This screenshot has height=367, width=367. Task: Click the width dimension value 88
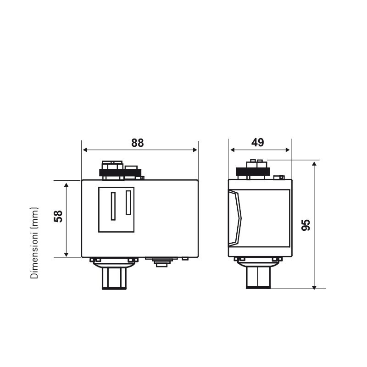137,143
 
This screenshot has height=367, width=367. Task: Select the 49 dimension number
258,143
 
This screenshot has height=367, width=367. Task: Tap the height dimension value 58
58,217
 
